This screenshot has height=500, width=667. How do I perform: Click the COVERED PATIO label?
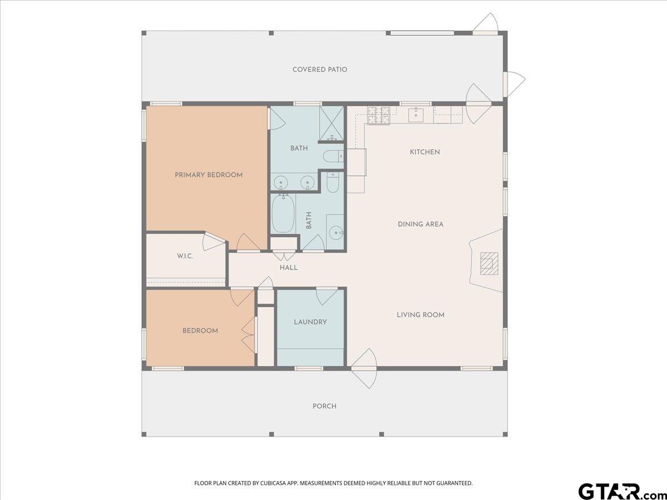pyautogui.click(x=320, y=69)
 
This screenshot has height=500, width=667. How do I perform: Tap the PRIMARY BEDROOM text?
pyautogui.click(x=209, y=175)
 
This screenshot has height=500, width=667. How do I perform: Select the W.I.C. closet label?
pyautogui.click(x=185, y=256)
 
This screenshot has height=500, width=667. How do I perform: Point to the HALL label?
pyautogui.click(x=288, y=268)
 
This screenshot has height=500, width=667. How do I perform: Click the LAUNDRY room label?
pyautogui.click(x=310, y=322)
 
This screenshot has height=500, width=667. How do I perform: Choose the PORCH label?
pyautogui.click(x=325, y=406)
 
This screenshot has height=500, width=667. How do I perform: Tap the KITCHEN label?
pyautogui.click(x=425, y=152)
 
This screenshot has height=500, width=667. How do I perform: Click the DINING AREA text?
pyautogui.click(x=421, y=224)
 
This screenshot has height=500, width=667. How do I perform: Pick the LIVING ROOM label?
pyautogui.click(x=421, y=315)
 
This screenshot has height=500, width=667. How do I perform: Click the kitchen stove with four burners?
pyautogui.click(x=379, y=116)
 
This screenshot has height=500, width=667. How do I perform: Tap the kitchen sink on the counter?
pyautogui.click(x=416, y=114)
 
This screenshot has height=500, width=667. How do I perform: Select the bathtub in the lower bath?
pyautogui.click(x=283, y=214)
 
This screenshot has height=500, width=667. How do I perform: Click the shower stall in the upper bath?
pyautogui.click(x=331, y=124)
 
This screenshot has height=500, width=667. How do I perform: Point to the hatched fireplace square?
pyautogui.click(x=489, y=263)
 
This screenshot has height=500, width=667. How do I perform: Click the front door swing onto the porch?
pyautogui.click(x=364, y=368)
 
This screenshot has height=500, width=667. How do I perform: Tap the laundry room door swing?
pyautogui.click(x=327, y=296)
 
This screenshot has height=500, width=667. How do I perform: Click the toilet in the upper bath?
pyautogui.click(x=332, y=157)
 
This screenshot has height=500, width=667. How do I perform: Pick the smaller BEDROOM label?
pyautogui.click(x=200, y=331)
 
